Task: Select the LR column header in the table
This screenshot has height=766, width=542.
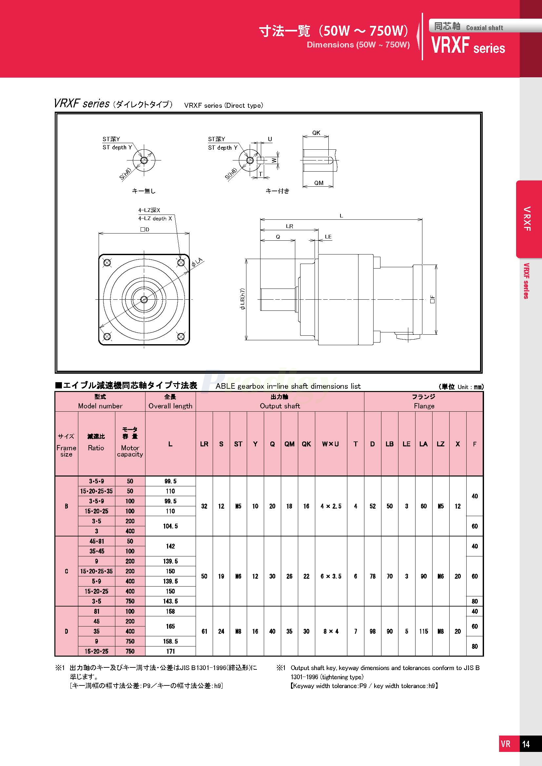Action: tap(204, 444)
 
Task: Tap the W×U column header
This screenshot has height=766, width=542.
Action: tap(330, 444)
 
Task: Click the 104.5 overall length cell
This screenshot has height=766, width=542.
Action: tap(170, 526)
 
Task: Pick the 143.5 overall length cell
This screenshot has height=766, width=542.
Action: tap(170, 601)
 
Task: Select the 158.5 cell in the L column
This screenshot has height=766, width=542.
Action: tap(170, 641)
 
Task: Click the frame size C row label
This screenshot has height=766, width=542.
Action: tap(67, 571)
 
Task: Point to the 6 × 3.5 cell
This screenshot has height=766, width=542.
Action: tap(331, 576)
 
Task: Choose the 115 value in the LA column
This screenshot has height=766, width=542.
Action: tap(423, 631)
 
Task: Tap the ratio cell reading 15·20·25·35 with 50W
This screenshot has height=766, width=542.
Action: tap(96, 491)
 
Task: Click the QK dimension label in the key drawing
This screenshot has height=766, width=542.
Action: tap(316, 133)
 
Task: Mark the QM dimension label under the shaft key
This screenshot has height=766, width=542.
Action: tap(319, 183)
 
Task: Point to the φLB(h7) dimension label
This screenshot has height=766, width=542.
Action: tap(242, 299)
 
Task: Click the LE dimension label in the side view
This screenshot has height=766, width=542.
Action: tap(328, 236)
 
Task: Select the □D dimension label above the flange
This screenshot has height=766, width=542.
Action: tap(145, 230)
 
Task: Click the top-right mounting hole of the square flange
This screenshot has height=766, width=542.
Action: tap(181, 263)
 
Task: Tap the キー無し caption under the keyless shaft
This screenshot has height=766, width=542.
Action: tap(144, 191)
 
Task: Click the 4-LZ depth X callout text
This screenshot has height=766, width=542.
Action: tap(155, 218)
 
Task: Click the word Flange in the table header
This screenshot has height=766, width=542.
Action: tap(424, 406)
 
